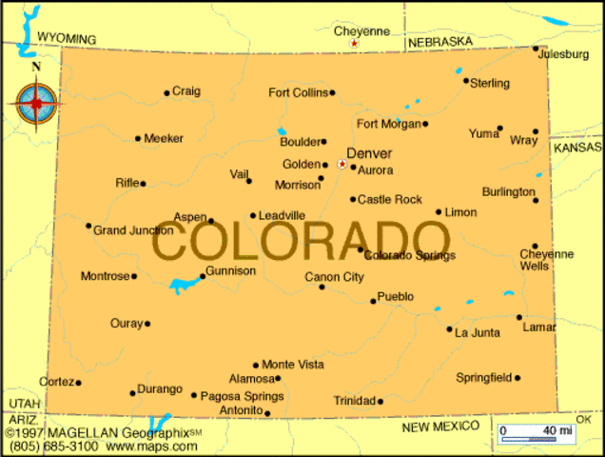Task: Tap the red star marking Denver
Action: click(342, 164)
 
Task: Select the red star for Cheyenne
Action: click(354, 44)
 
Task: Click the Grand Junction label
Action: click(133, 230)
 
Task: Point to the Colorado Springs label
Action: click(410, 255)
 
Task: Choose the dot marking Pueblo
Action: click(373, 301)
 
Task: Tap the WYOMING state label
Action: click(67, 38)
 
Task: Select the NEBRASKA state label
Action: click(439, 43)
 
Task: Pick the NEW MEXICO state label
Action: click(439, 427)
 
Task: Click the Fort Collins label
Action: click(298, 92)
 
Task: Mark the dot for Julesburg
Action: click(536, 49)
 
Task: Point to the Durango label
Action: click(160, 389)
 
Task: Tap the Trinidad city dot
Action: click(381, 401)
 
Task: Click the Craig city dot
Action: click(166, 93)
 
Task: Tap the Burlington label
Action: click(508, 191)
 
